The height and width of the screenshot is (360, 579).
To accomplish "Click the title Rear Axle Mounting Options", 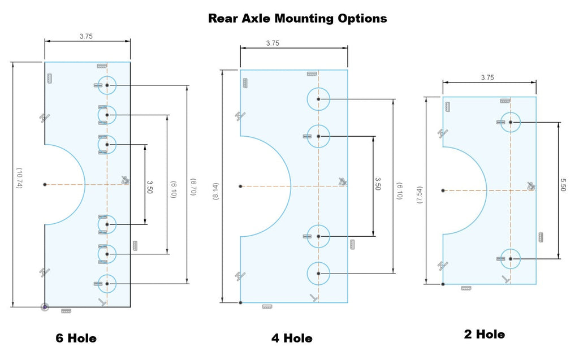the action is point(297,19).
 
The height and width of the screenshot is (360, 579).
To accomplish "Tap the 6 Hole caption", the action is point(76,338).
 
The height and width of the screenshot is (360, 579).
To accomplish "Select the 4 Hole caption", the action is point(292,338).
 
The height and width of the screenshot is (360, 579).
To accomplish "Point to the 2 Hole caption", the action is point(485,334).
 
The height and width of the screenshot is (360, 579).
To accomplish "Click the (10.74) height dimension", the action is point(19,179).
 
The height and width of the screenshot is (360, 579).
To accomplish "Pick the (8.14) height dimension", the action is point(216,192).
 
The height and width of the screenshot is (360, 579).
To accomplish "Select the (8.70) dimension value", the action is point(193,187).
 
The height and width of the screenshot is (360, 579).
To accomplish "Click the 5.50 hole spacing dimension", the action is point(563,185).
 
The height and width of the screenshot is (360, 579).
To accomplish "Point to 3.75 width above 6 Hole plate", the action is point(86,36).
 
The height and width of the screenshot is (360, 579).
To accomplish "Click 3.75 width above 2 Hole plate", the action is point(487,77).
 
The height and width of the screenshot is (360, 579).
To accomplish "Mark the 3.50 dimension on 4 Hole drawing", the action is point(378,184).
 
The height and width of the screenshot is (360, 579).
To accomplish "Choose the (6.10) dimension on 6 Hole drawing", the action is point(173,189).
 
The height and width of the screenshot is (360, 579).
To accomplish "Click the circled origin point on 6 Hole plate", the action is point(45,307).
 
